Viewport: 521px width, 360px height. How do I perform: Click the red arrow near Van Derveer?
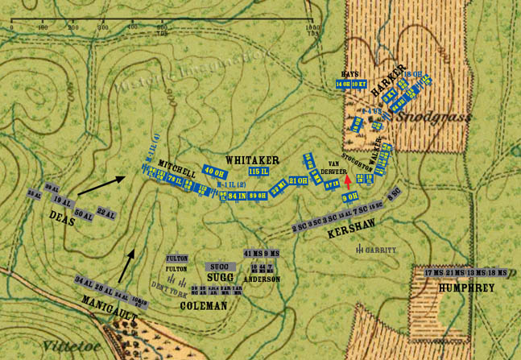(x=347, y=180)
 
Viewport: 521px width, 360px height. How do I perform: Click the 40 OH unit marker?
(x=213, y=172)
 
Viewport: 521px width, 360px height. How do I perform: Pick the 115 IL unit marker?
(x=258, y=172)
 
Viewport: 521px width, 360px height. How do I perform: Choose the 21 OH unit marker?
(x=298, y=180)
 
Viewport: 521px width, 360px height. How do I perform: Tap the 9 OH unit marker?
(x=350, y=197)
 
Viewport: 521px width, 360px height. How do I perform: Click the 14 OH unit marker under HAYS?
(x=344, y=84)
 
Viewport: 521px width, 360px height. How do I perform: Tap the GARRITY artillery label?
(x=378, y=250)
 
